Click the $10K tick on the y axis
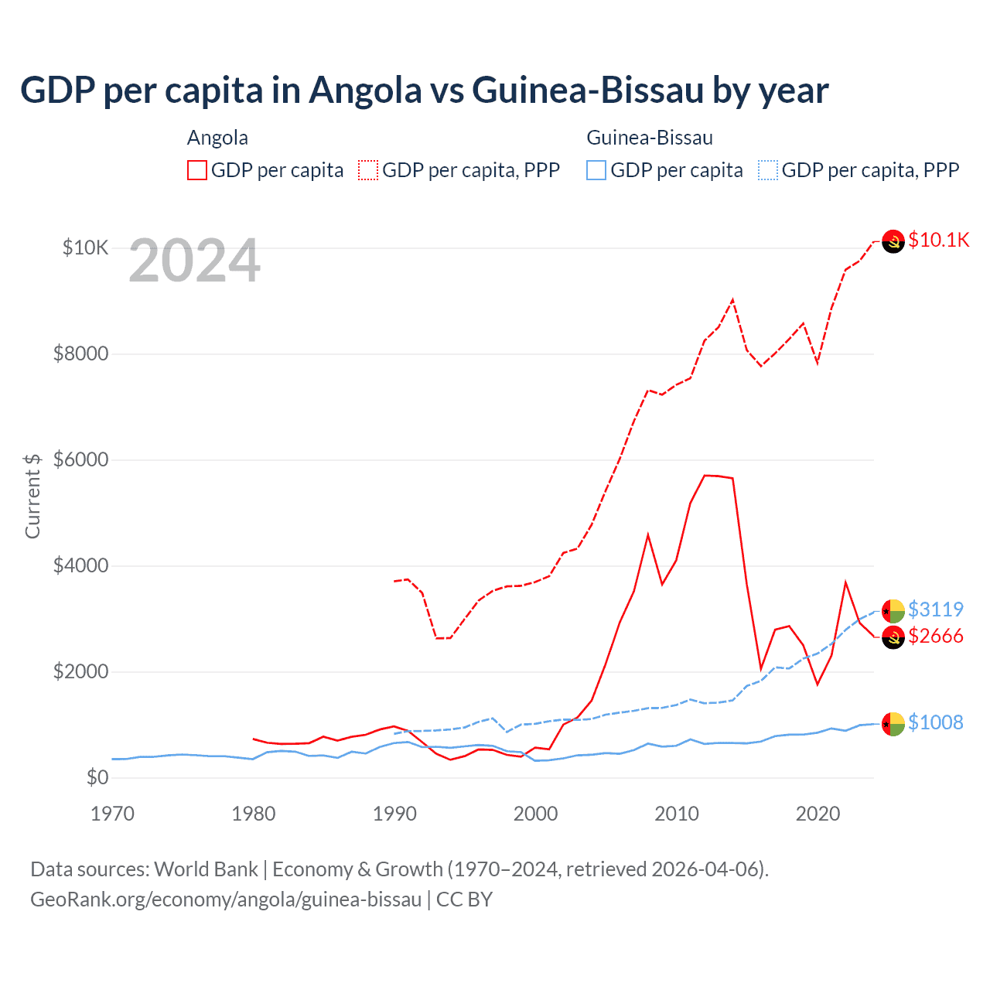(x=85, y=248)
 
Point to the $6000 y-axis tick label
(x=80, y=460)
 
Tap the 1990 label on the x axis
(x=394, y=814)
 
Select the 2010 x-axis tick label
(x=677, y=814)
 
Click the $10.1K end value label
(x=938, y=240)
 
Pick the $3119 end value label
(x=936, y=609)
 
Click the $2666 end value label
(x=936, y=636)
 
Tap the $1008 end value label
(x=936, y=722)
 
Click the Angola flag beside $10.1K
(x=893, y=242)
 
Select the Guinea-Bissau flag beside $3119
(x=893, y=611)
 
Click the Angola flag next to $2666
(x=893, y=637)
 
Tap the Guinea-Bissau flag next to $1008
(x=893, y=724)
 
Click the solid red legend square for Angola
(x=197, y=170)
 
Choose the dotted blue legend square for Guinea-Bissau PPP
(x=768, y=170)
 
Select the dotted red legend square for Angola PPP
(x=368, y=170)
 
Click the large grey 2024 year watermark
(x=194, y=261)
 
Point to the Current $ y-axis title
(x=32, y=496)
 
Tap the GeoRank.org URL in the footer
(x=226, y=900)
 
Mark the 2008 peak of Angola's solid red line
(x=648, y=534)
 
